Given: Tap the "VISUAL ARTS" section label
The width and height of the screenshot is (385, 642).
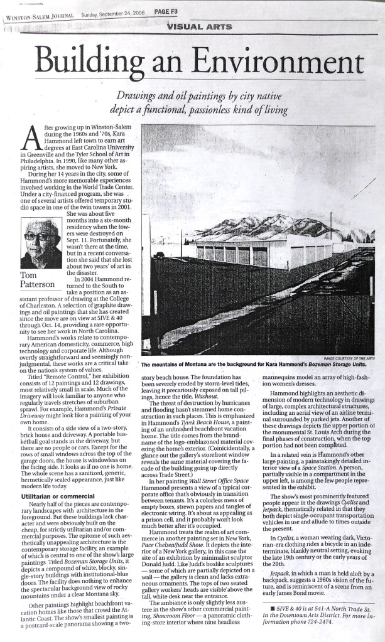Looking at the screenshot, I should point(200,26).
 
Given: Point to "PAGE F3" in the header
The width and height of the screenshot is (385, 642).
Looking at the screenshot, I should point(168,11).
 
